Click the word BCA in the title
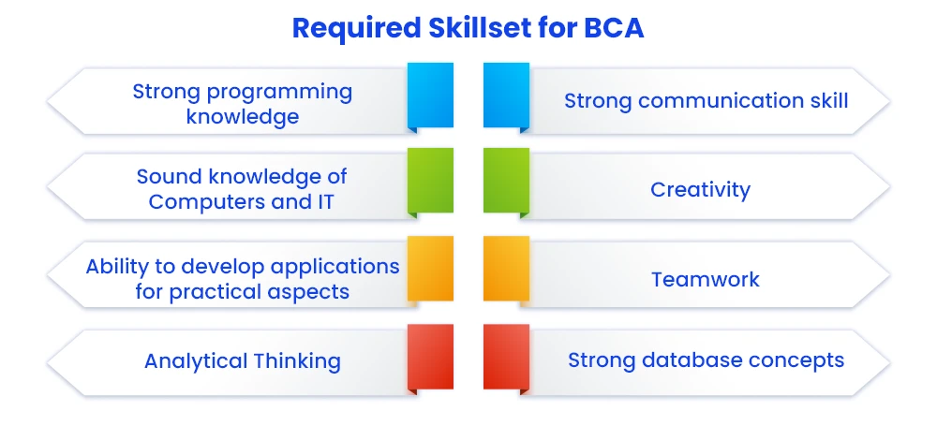pyautogui.click(x=615, y=28)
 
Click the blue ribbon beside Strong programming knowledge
pyautogui.click(x=430, y=97)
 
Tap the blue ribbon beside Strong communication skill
pyautogui.click(x=506, y=97)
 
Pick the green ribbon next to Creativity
pyautogui.click(x=506, y=183)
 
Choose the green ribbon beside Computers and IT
pyautogui.click(x=430, y=183)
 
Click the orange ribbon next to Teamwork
pyautogui.click(x=506, y=269)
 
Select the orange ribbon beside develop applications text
pyautogui.click(x=430, y=269)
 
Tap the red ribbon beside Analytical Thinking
pyautogui.click(x=430, y=360)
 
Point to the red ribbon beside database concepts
pyautogui.click(x=506, y=360)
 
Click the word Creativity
pyautogui.click(x=700, y=190)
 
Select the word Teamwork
pyautogui.click(x=706, y=279)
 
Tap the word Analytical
pyautogui.click(x=196, y=361)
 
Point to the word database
pyautogui.click(x=686, y=360)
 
